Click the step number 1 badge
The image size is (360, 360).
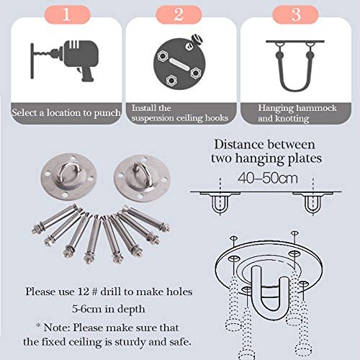pos(67,14)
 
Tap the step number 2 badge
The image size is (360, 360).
pos(179,14)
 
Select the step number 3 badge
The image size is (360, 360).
pos(295,14)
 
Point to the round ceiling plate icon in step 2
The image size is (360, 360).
pos(179,63)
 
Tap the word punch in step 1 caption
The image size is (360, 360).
pos(107,113)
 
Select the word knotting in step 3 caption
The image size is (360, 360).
pos(292,119)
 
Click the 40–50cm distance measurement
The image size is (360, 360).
pos(268,178)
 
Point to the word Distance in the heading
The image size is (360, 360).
pos(239,145)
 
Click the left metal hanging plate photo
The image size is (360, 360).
pos(69,176)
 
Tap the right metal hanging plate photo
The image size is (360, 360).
pos(142,178)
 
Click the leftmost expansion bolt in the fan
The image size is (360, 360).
pos(55,219)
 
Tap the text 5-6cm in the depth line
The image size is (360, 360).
pos(87,309)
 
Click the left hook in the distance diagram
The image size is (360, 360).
pos(220,204)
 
